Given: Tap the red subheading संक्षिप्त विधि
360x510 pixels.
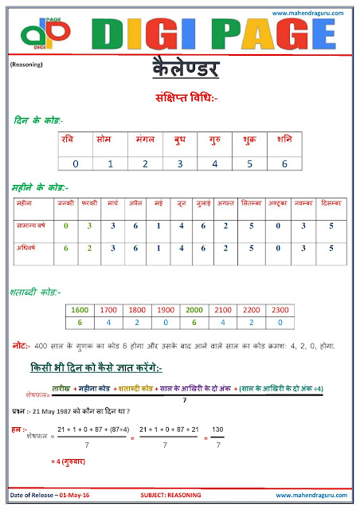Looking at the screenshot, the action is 180,99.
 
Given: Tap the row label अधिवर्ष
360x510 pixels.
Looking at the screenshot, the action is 29,249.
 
